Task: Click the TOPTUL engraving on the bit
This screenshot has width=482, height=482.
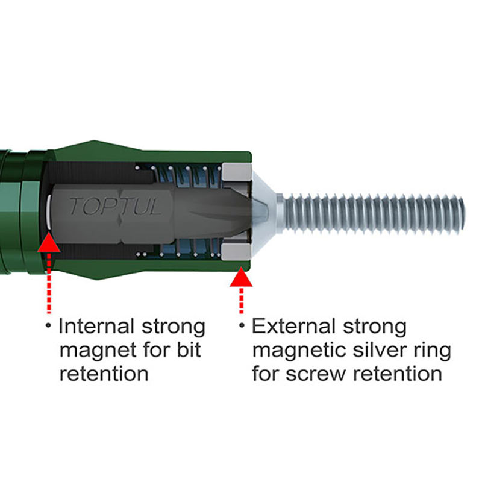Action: (x=115, y=206)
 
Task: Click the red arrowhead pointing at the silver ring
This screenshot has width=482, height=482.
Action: (x=242, y=278)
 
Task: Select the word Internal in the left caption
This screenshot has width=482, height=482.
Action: (x=95, y=327)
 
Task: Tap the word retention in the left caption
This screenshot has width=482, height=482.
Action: (x=103, y=374)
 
